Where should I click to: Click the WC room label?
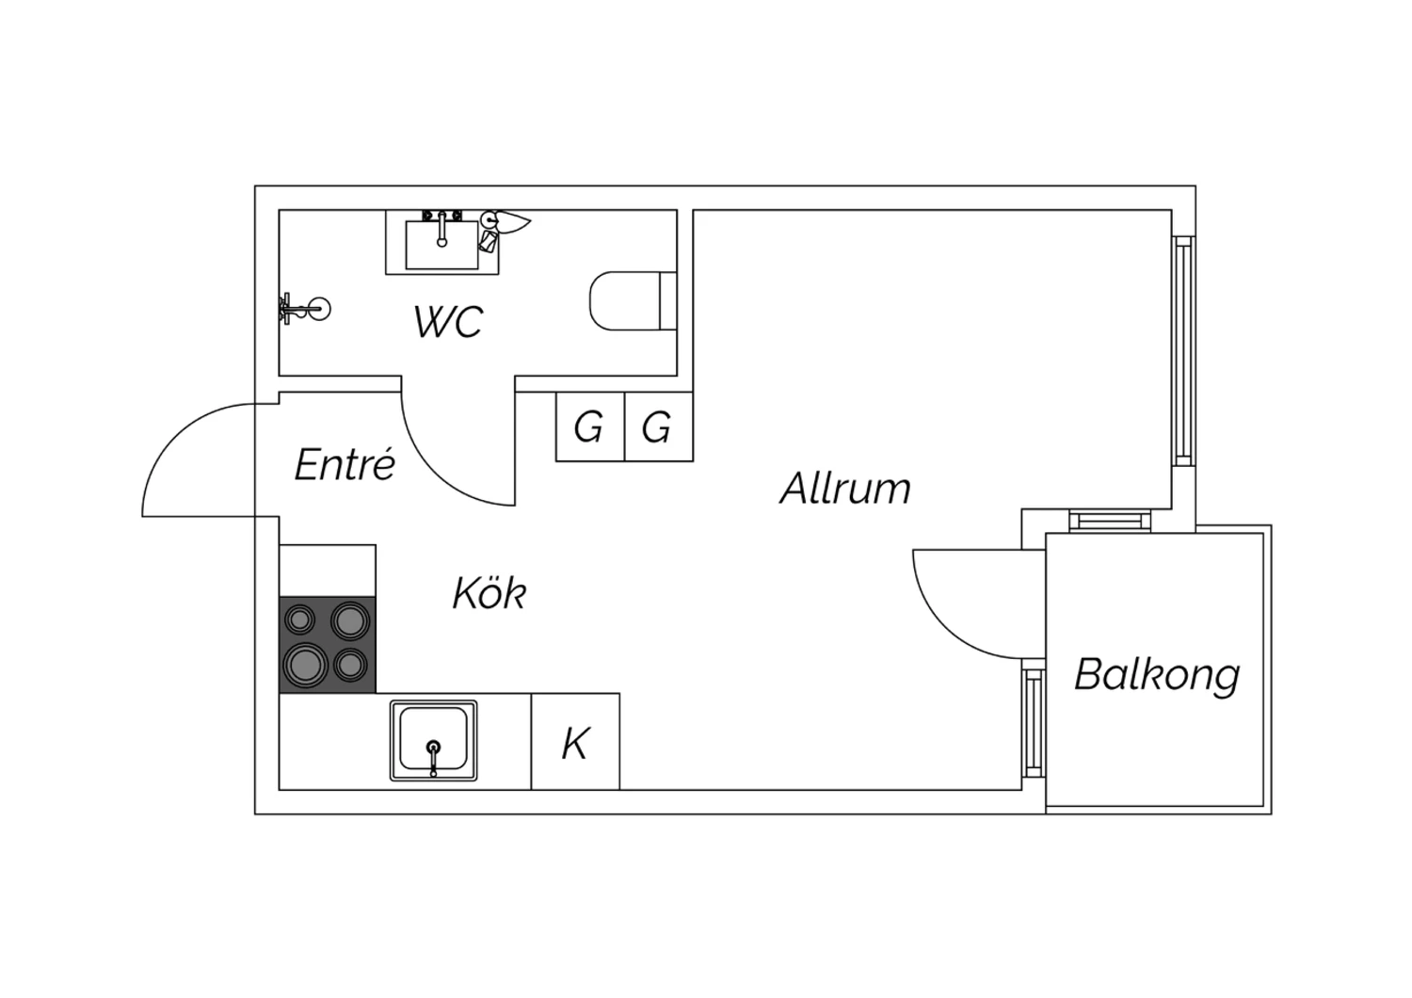(448, 321)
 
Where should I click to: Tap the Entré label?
(345, 465)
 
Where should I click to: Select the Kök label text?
(489, 592)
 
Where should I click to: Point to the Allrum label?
(845, 488)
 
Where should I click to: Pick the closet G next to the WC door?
(590, 427)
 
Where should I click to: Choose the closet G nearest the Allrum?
(659, 427)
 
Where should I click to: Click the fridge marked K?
(575, 741)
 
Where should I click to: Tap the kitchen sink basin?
(434, 740)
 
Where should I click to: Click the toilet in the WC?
(634, 300)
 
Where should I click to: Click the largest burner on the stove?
(306, 663)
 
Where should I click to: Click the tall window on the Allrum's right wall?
(1184, 350)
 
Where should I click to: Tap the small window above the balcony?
(1110, 521)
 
